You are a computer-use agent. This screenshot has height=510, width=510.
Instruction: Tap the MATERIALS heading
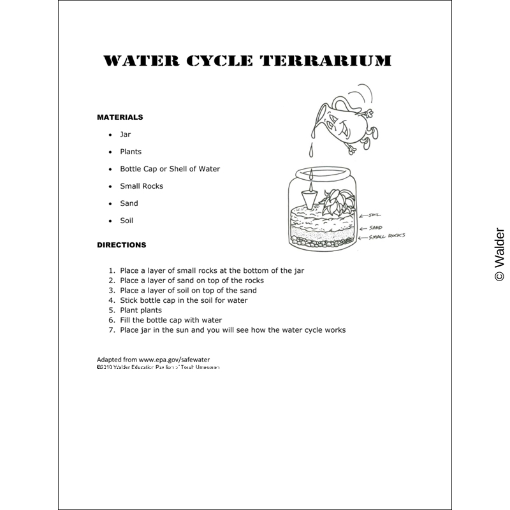click(x=120, y=117)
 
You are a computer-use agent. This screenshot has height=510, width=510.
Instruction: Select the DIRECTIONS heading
click(x=121, y=245)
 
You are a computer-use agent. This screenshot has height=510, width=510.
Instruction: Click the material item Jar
click(x=125, y=135)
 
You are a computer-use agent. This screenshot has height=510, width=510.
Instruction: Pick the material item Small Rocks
click(x=142, y=186)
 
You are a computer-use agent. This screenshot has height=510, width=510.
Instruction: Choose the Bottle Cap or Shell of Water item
click(x=170, y=169)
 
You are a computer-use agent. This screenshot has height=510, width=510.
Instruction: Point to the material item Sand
click(x=129, y=203)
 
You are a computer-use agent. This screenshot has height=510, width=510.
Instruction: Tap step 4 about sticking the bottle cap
click(x=184, y=300)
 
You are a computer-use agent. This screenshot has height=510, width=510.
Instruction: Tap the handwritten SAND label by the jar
click(x=375, y=226)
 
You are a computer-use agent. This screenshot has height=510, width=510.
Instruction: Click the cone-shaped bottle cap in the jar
click(x=308, y=198)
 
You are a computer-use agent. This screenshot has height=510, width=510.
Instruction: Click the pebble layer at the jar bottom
click(x=322, y=240)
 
